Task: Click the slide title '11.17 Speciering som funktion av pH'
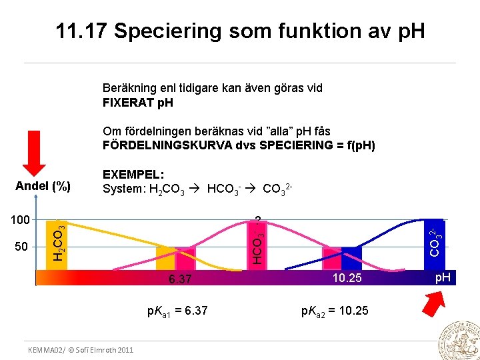pos(240,31)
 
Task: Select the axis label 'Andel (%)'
pos(43,187)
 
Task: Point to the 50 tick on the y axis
pos(22,247)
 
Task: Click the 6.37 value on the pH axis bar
pos(180,279)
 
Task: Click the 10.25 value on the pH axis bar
pos(347,278)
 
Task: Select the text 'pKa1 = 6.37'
pos(177,311)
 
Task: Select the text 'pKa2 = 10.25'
pos(335,311)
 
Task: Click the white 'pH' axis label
pos(443,277)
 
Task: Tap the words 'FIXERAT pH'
pos(138,103)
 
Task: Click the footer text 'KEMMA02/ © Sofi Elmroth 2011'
pos(80,350)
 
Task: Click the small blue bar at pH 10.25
pos(351,258)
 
